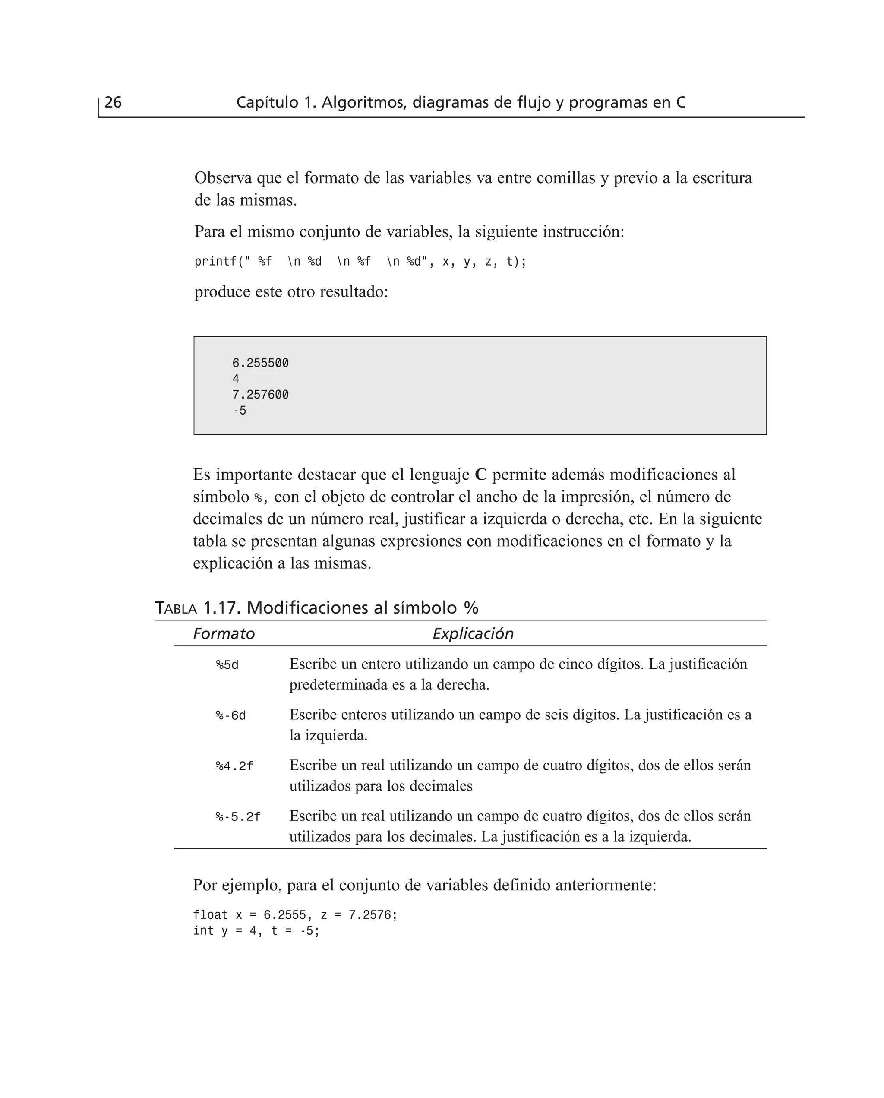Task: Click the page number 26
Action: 113,102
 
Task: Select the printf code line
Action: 360,262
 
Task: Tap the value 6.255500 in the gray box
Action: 260,363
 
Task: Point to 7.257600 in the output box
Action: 260,395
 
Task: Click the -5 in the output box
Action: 239,411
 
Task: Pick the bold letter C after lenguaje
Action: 481,475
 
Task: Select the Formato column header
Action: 224,633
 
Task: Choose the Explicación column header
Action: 473,633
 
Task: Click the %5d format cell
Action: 227,665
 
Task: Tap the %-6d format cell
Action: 230,715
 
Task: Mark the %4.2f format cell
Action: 234,766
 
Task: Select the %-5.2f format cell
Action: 238,817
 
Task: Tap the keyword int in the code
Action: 203,931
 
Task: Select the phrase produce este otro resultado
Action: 291,292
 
